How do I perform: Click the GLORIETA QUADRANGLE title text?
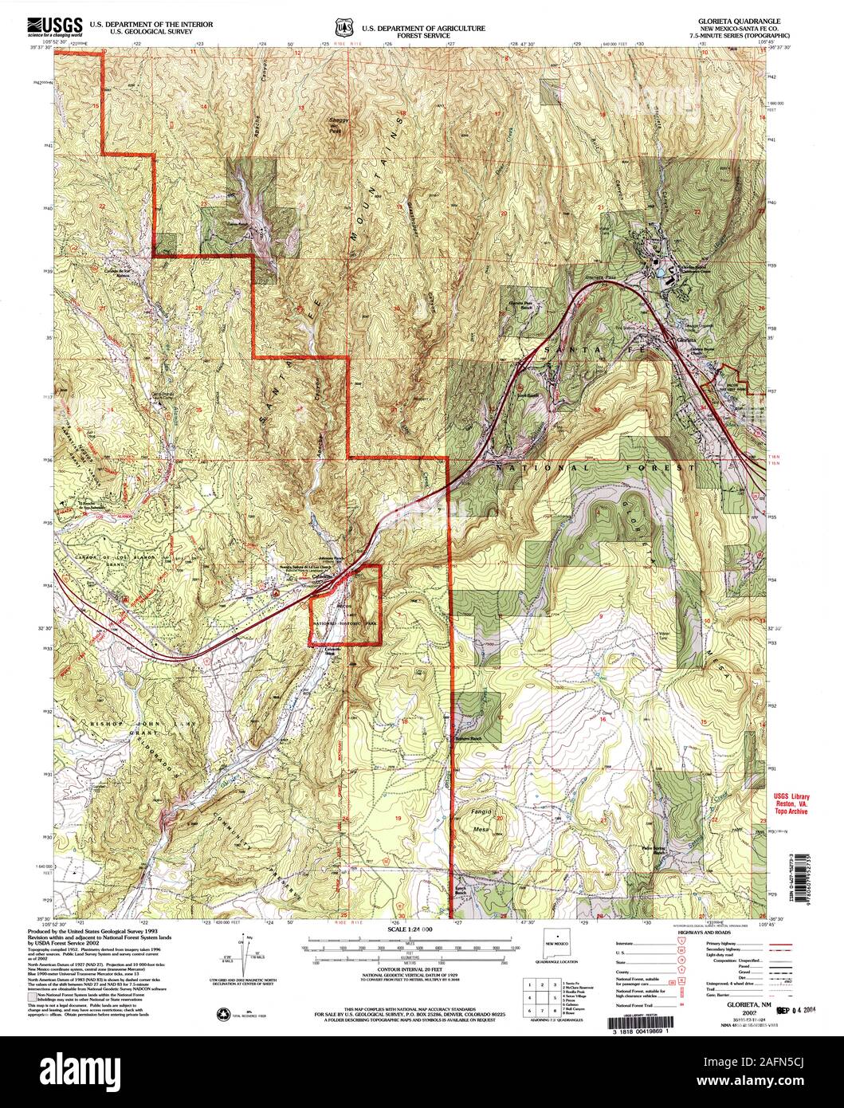745,22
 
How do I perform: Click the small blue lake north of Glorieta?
661,273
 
